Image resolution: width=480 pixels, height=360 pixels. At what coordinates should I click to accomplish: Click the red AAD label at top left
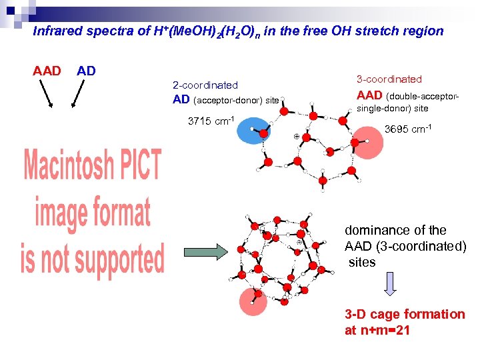47,71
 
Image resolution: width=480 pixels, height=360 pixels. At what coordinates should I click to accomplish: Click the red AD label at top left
87,71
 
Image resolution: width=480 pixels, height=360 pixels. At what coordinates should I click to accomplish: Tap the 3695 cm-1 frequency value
409,129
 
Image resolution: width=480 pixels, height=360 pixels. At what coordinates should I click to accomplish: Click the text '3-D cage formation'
405,314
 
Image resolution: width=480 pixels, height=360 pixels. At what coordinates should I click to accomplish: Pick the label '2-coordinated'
205,85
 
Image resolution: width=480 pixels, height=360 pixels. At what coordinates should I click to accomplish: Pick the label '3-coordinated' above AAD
389,79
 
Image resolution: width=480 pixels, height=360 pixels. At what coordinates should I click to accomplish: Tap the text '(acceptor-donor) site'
236,101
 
